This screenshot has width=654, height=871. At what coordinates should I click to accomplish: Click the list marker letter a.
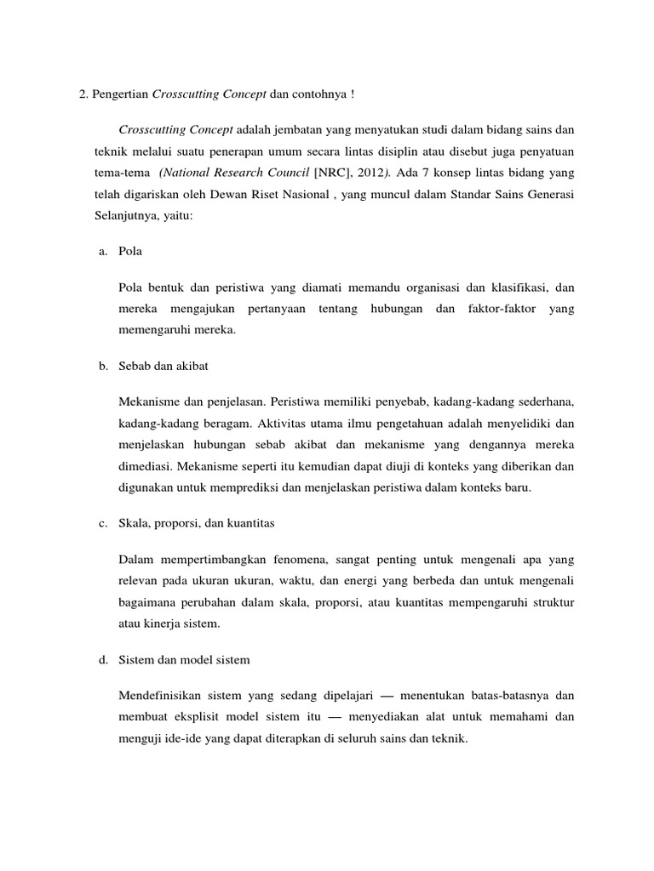tap(103, 253)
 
